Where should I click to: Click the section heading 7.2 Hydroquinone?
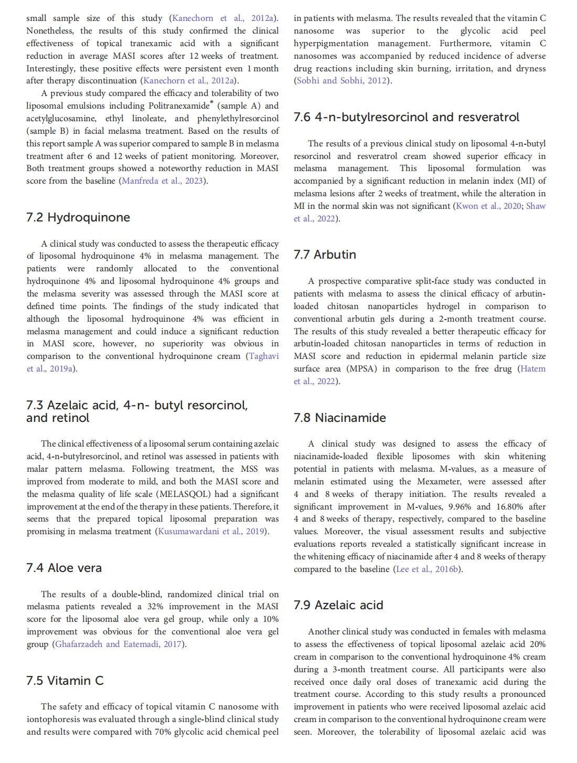coord(78,217)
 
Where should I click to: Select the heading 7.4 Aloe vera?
coord(64,568)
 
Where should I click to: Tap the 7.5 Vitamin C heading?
coord(65,681)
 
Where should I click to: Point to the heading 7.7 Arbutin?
coord(325,255)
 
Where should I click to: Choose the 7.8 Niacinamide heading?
coord(340,418)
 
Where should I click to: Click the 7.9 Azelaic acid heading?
coord(338,605)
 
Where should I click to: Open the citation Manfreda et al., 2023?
coord(162,181)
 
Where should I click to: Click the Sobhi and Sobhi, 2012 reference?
coord(341,81)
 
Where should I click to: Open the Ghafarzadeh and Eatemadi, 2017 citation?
coord(119,644)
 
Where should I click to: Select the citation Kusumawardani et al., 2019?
coord(211,532)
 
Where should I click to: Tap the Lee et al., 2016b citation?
coord(428,569)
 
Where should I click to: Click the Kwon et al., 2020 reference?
coord(488,206)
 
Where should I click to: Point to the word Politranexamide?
coord(179,106)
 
